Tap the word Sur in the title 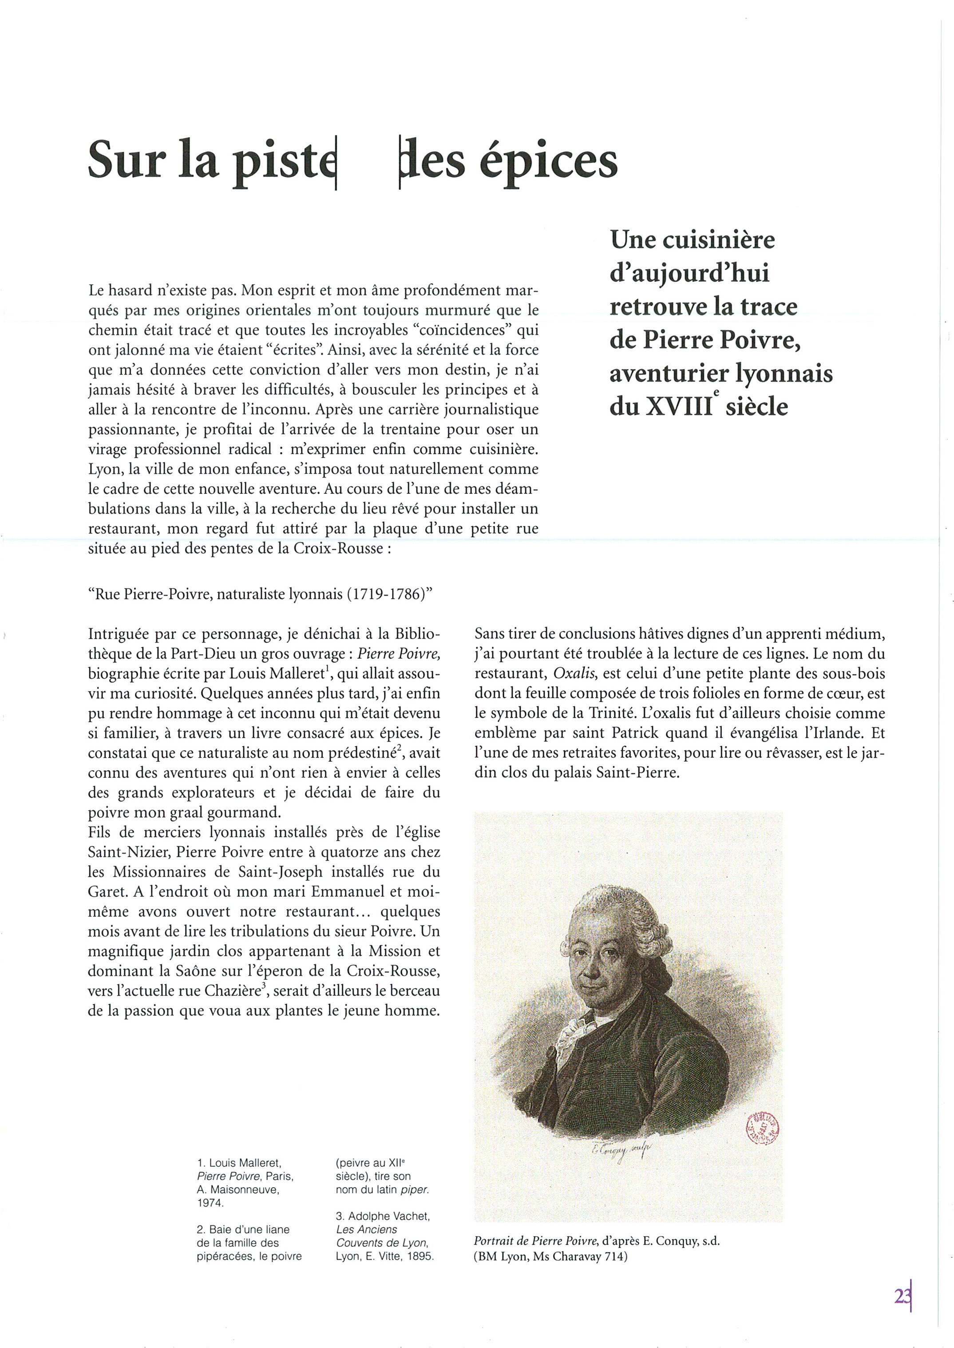click(x=125, y=160)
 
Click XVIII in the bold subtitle click(x=678, y=407)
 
